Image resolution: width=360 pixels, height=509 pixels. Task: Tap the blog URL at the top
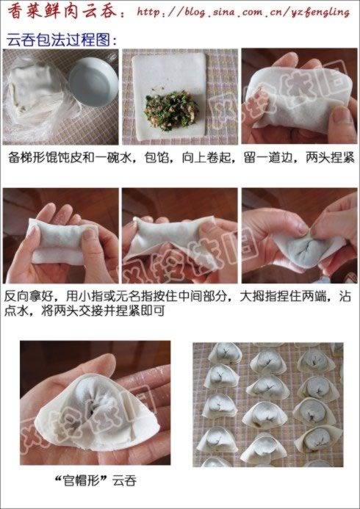[243, 12]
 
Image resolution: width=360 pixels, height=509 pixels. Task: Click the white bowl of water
[93, 82]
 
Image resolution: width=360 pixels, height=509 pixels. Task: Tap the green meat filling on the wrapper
[171, 112]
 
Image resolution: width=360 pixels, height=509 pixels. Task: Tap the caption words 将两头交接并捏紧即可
[104, 311]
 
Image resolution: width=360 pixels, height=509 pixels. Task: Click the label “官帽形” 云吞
[95, 481]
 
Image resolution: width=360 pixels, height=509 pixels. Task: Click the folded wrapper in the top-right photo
[298, 98]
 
